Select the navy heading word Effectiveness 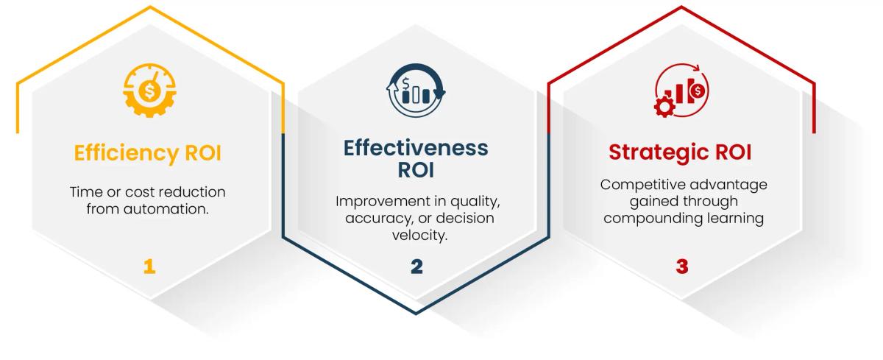(416, 147)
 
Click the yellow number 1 (149, 266)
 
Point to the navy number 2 (416, 267)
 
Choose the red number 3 (681, 267)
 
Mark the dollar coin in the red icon (698, 90)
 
